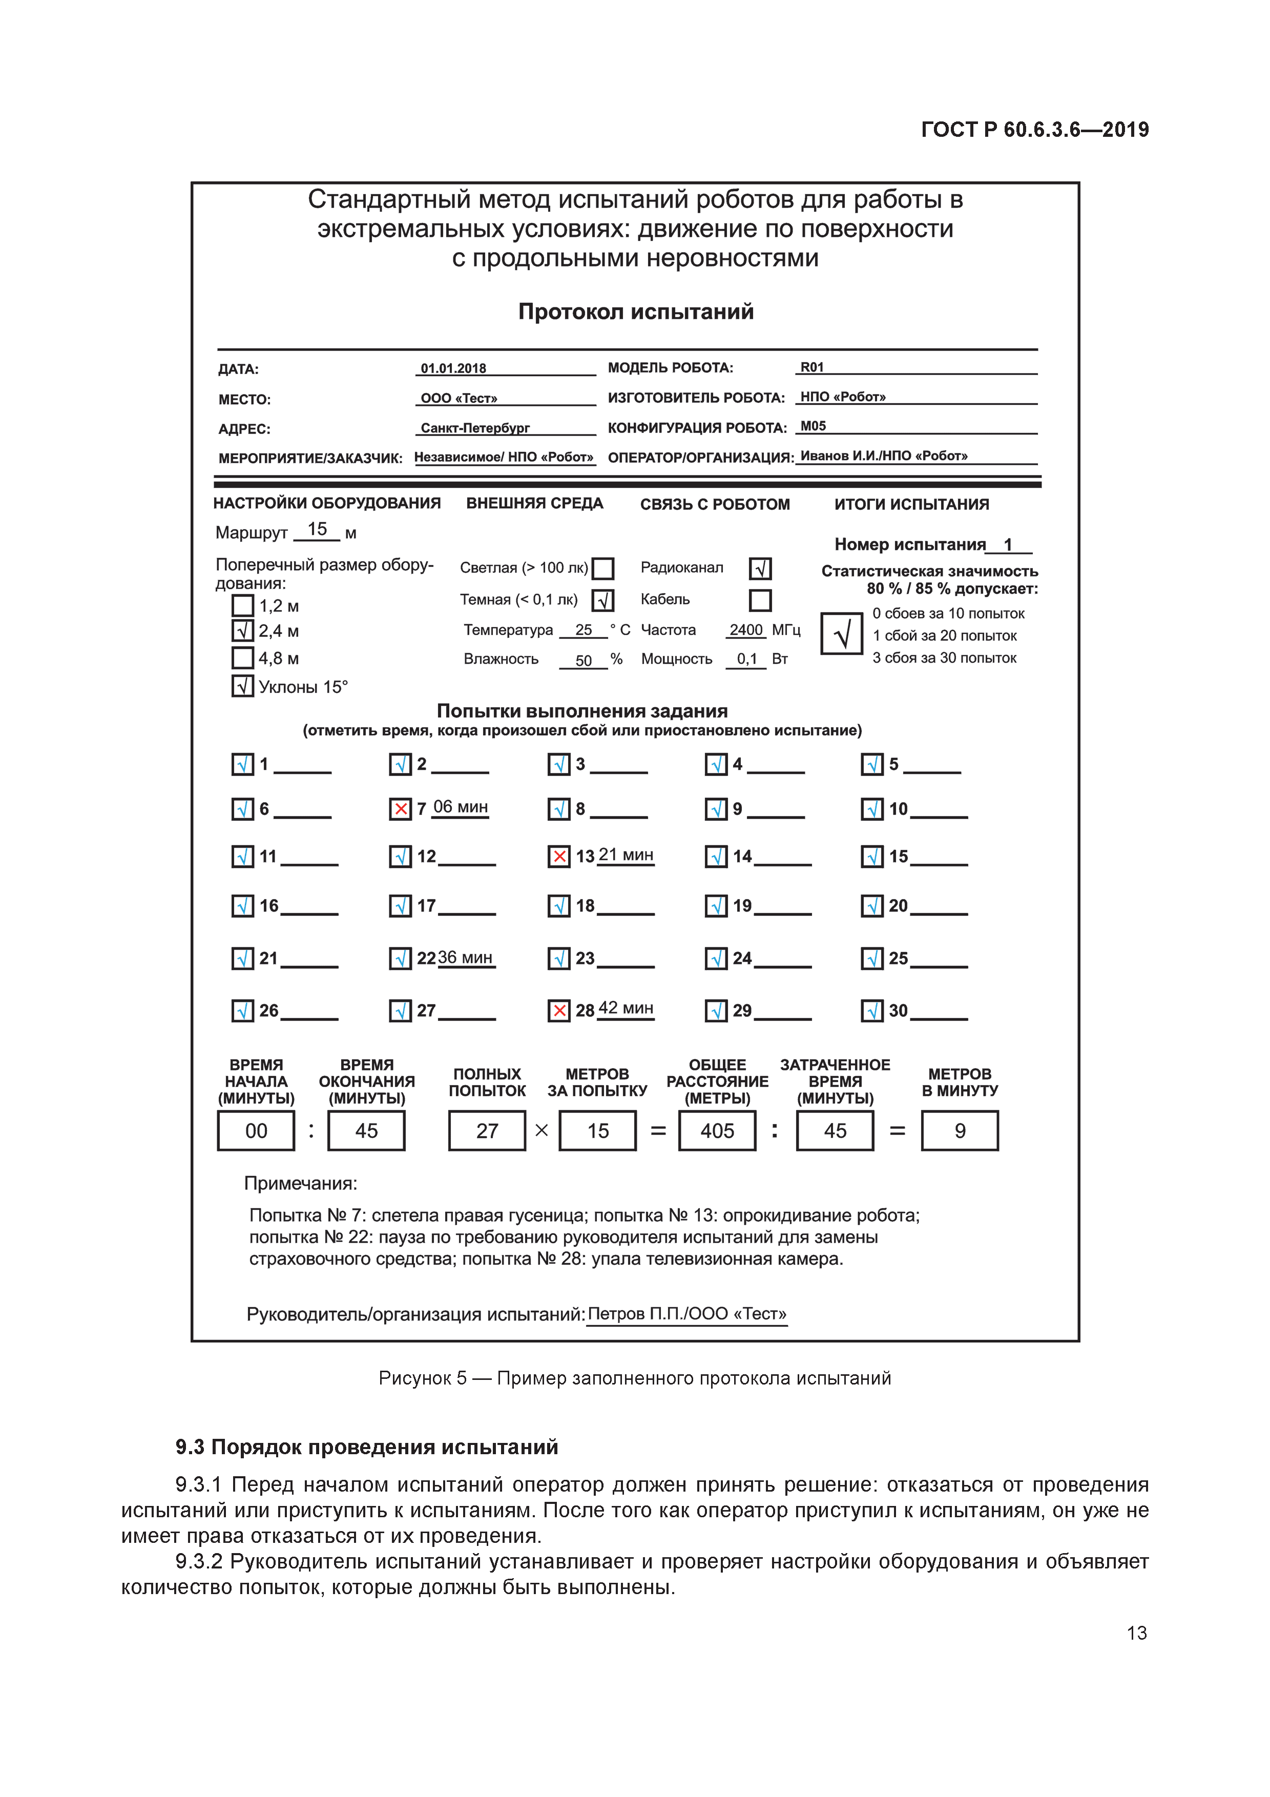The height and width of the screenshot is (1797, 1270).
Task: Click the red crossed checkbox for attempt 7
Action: coord(400,809)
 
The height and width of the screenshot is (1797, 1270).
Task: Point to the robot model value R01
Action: coord(811,367)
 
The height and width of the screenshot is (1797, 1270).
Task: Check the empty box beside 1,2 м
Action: coord(242,606)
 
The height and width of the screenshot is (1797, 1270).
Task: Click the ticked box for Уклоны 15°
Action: coord(242,687)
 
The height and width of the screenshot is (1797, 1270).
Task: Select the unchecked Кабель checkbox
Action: coord(760,601)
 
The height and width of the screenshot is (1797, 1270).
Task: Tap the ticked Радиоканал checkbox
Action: coord(760,568)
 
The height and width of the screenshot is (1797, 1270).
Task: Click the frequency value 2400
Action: coord(746,630)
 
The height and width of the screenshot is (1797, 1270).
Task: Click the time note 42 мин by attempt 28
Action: coord(625,1008)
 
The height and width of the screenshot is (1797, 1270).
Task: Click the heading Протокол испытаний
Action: coord(635,312)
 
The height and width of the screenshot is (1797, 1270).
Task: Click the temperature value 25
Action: coord(583,630)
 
